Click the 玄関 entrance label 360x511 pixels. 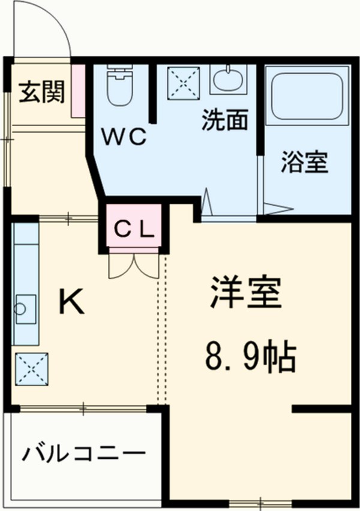click(40, 92)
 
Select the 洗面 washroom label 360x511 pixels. click(224, 121)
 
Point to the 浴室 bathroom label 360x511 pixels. click(304, 162)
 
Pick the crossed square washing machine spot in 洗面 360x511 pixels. click(179, 80)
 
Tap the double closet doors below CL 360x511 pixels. click(133, 264)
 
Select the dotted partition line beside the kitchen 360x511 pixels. click(161, 330)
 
